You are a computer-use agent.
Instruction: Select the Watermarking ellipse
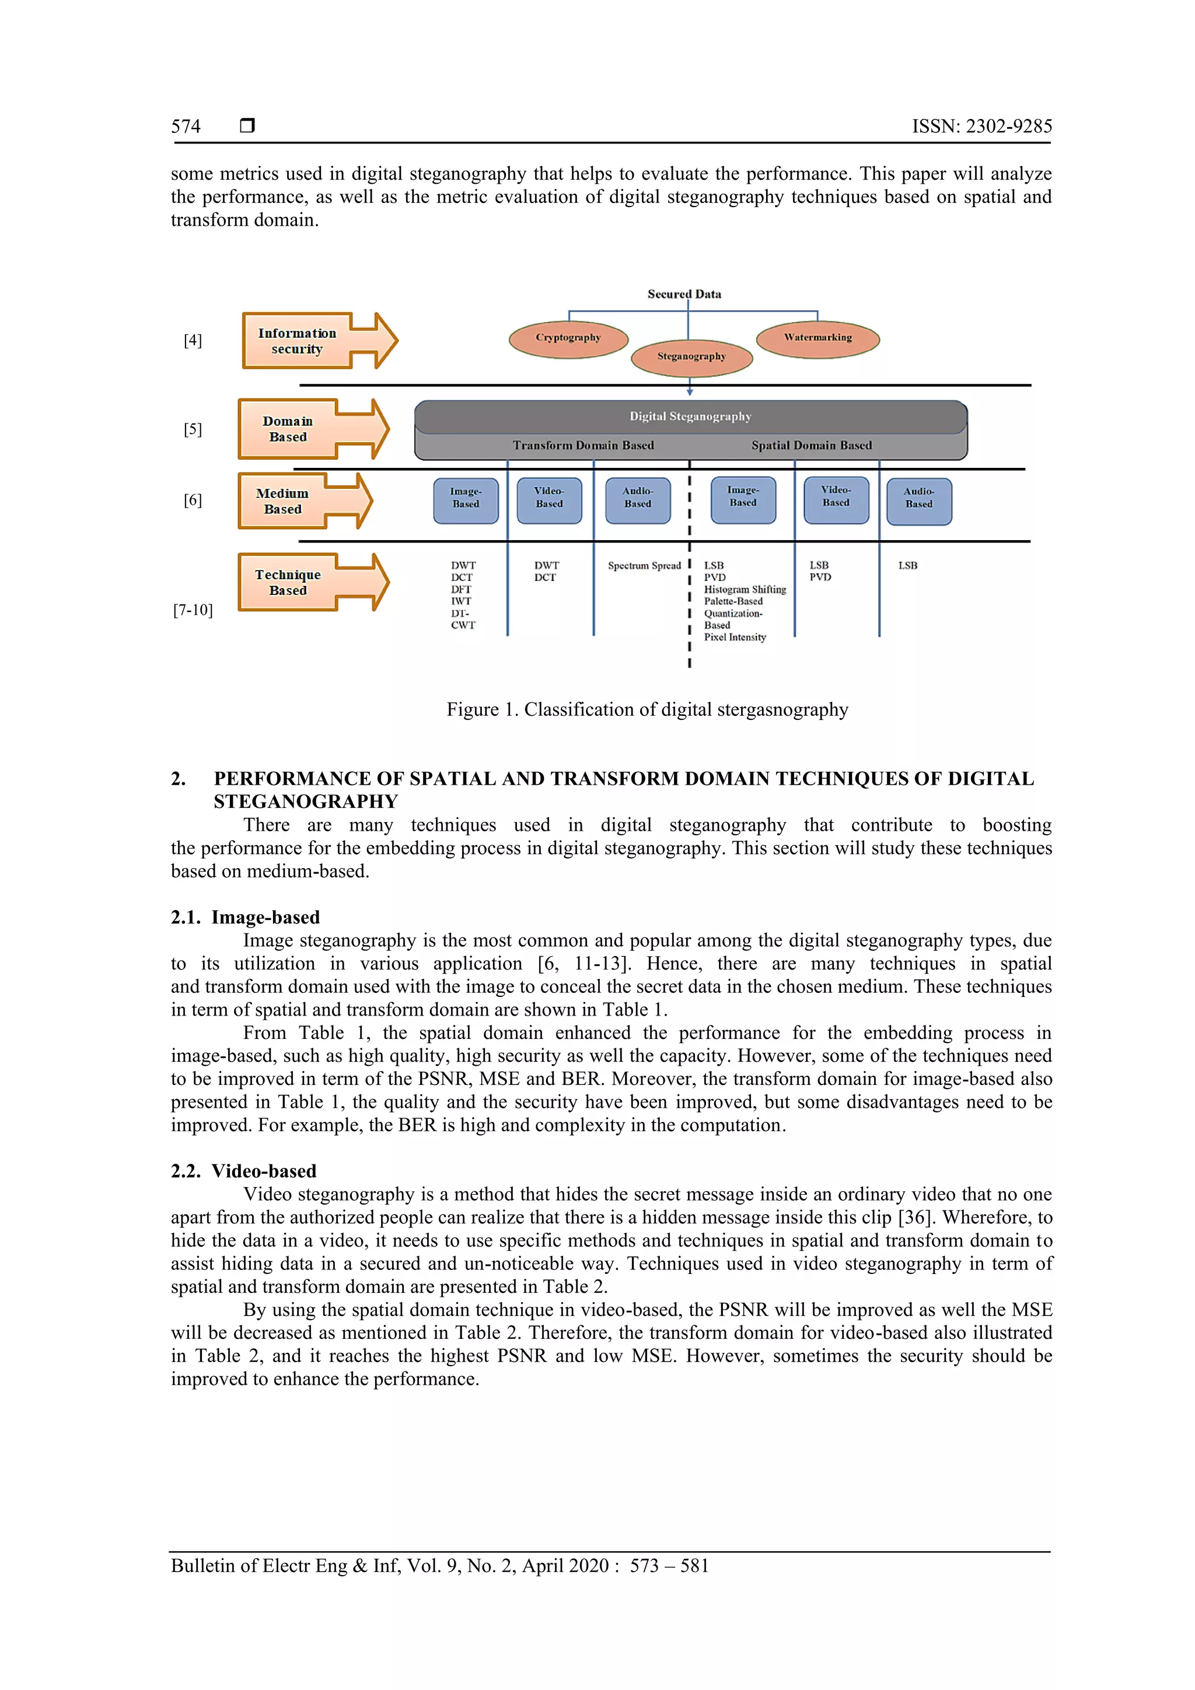point(817,338)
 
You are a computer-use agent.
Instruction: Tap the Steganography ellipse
point(691,357)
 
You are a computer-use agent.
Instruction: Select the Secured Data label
point(684,293)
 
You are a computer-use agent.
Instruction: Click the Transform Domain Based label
point(583,445)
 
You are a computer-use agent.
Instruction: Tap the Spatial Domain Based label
point(812,445)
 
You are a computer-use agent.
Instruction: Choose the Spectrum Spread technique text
point(644,566)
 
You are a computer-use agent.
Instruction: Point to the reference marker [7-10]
point(193,610)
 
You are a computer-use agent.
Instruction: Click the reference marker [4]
point(193,340)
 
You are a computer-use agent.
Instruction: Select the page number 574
point(186,127)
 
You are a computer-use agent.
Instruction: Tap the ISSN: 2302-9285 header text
point(981,127)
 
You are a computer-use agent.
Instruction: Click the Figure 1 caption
point(647,709)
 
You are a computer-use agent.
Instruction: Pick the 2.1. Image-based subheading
point(245,917)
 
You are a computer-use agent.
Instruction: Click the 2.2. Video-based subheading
point(244,1171)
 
